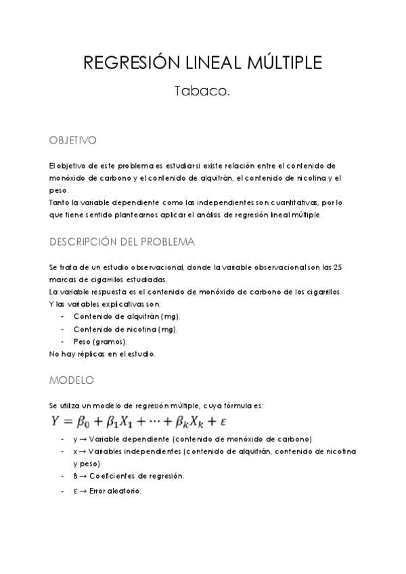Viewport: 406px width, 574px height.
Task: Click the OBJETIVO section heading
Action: coord(72,140)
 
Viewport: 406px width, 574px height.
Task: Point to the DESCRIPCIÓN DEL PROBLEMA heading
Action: coord(122,242)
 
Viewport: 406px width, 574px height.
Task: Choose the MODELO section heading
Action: coord(71,380)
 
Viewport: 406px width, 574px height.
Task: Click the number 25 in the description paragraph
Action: coord(338,267)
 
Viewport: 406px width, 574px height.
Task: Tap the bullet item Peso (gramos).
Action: coord(99,341)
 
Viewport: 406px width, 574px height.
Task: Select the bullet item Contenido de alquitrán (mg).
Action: coord(127,316)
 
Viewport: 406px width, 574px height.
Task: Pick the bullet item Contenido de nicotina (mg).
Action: coord(125,329)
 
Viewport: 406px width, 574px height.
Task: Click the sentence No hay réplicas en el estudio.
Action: coord(102,353)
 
